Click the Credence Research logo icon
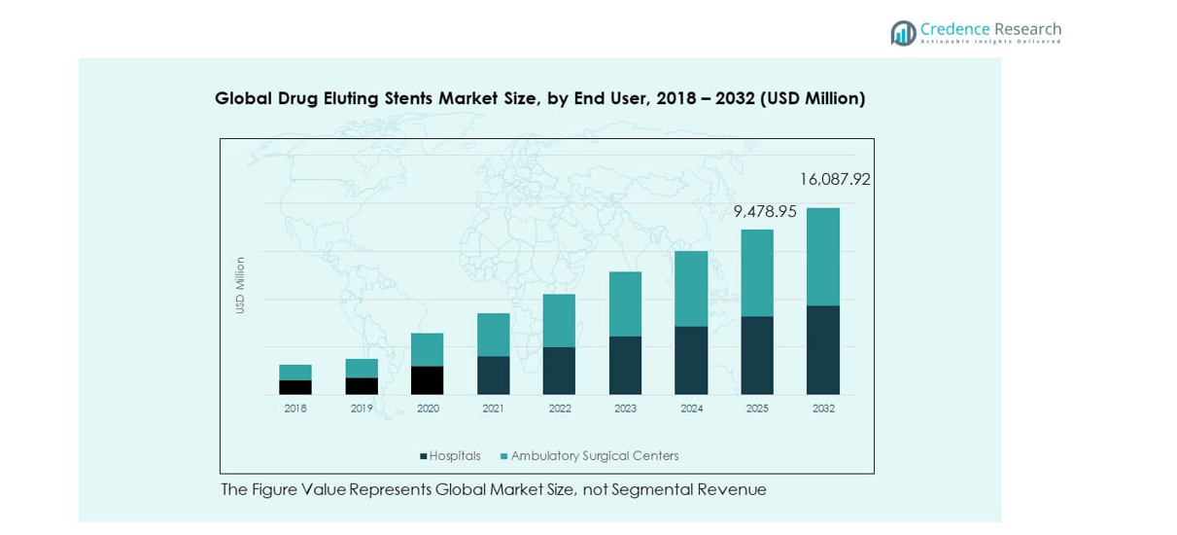(x=903, y=33)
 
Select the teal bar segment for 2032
(x=823, y=257)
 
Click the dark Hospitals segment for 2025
(x=757, y=355)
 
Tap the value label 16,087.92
(x=835, y=180)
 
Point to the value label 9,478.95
(x=765, y=211)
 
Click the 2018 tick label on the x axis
(x=295, y=409)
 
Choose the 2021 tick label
(x=494, y=409)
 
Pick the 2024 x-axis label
(x=691, y=409)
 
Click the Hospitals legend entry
(x=450, y=456)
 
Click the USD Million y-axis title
(x=240, y=285)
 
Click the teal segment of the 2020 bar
(x=428, y=350)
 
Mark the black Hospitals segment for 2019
(x=362, y=386)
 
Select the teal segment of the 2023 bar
(x=625, y=304)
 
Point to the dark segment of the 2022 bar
(x=559, y=371)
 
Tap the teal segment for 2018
(x=295, y=373)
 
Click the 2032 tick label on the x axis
(x=823, y=409)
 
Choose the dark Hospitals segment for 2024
(x=691, y=360)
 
